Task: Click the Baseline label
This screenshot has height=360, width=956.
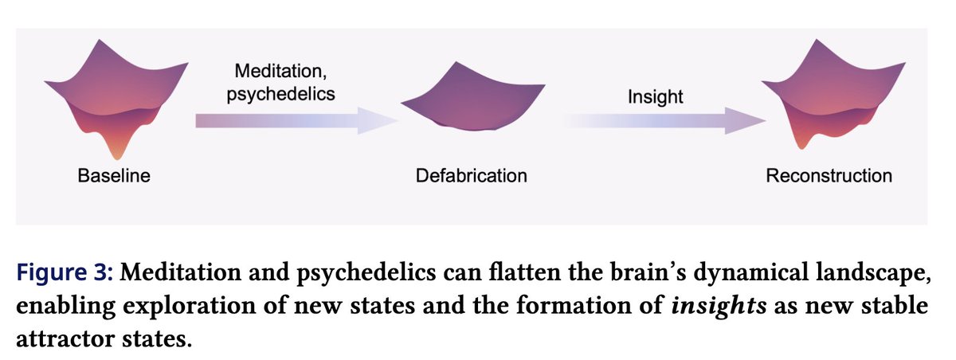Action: [x=114, y=176]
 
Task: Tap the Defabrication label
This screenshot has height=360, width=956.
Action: [x=472, y=176]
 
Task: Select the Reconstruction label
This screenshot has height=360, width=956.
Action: [x=829, y=176]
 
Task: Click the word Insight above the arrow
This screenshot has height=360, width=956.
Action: [x=655, y=97]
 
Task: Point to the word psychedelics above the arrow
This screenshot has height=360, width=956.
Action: [x=280, y=94]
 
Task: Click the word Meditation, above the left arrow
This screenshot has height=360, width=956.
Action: [x=280, y=71]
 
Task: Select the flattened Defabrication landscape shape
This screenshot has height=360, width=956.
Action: [x=473, y=97]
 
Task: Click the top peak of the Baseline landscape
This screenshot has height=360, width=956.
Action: [x=100, y=41]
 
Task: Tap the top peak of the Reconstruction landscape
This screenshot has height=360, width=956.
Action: [x=817, y=40]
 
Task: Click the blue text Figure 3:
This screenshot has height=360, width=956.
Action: [x=65, y=272]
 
